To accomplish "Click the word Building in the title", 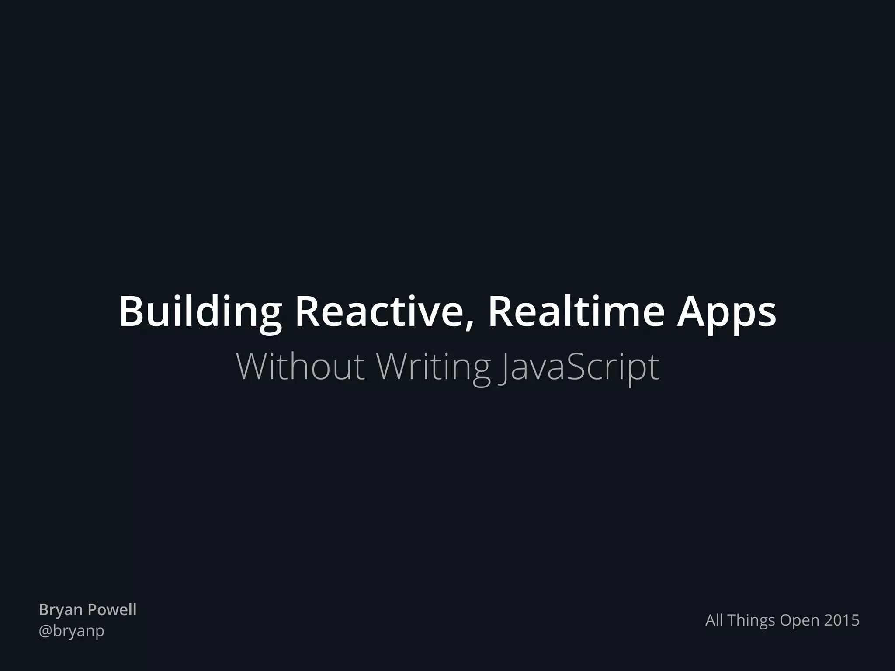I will [200, 312].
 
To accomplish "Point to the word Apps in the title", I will [726, 312].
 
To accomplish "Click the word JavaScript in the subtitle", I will [579, 367].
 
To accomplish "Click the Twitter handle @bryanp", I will [72, 631].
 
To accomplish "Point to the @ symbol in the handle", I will [45, 631].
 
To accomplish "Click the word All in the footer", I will [715, 620].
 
